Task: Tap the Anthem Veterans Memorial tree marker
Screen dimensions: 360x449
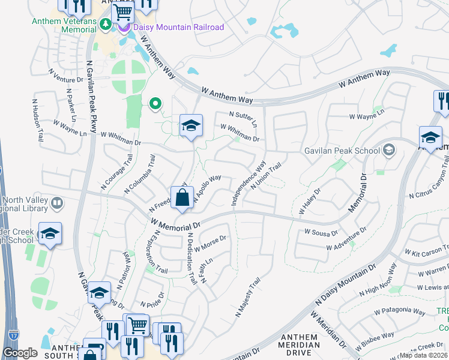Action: coord(106,25)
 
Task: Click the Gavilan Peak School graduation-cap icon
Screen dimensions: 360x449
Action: coord(389,149)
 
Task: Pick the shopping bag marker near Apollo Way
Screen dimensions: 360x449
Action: coord(182,197)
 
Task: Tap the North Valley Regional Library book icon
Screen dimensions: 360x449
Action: coord(56,203)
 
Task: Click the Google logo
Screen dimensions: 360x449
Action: coord(20,353)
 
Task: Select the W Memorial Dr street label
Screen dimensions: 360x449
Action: coord(175,223)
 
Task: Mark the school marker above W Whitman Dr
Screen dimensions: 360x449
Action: coord(191,125)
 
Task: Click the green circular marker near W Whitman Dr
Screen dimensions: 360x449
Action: coord(155,104)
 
